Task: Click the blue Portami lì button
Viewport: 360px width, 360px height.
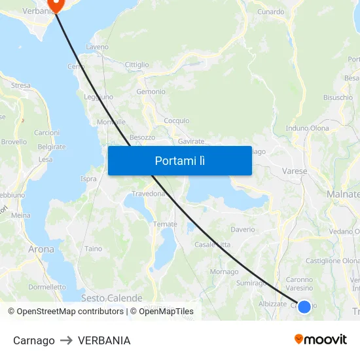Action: click(180, 160)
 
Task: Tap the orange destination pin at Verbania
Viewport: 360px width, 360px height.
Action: click(54, 5)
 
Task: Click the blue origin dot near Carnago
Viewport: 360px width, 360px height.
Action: click(304, 306)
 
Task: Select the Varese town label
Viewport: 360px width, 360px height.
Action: click(295, 171)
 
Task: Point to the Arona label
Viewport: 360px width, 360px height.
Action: click(41, 249)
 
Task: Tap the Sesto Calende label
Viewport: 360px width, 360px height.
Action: click(111, 298)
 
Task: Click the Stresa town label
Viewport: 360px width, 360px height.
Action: click(20, 85)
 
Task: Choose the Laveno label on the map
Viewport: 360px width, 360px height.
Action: click(97, 47)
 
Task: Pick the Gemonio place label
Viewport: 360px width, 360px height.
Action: click(151, 92)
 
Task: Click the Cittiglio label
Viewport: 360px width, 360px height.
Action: click(137, 65)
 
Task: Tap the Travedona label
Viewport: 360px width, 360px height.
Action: click(149, 194)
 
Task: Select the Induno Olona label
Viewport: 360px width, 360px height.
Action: click(307, 128)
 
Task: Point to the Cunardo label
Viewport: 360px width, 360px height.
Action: click(270, 12)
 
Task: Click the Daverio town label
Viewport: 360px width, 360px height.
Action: click(242, 230)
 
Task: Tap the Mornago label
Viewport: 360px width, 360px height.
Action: click(224, 272)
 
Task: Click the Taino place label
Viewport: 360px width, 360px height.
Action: click(93, 249)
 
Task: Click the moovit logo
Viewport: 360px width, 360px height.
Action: click(320, 340)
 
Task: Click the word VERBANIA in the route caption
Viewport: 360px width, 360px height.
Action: click(104, 340)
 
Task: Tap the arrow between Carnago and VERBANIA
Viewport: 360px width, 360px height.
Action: click(66, 340)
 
